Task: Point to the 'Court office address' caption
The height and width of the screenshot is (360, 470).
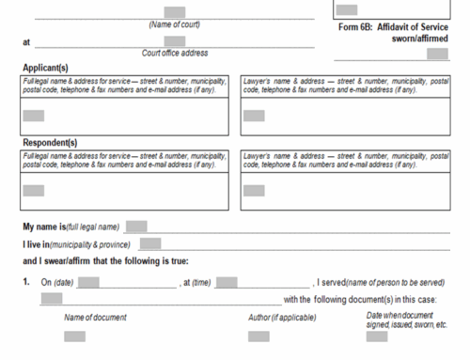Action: point(175,53)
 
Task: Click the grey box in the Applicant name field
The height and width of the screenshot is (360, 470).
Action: point(34,116)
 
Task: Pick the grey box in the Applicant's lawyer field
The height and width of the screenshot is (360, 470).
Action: point(254,116)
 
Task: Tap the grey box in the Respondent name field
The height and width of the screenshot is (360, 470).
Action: point(34,190)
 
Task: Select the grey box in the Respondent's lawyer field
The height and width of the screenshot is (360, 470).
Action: point(254,190)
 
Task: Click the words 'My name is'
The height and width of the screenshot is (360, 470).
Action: point(44,227)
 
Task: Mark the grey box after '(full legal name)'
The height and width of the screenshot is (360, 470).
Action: point(136,227)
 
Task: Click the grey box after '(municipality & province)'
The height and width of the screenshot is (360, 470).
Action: point(150,244)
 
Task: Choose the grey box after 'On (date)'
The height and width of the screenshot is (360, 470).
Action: point(89,282)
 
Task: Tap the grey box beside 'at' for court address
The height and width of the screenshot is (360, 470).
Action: point(174,41)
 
